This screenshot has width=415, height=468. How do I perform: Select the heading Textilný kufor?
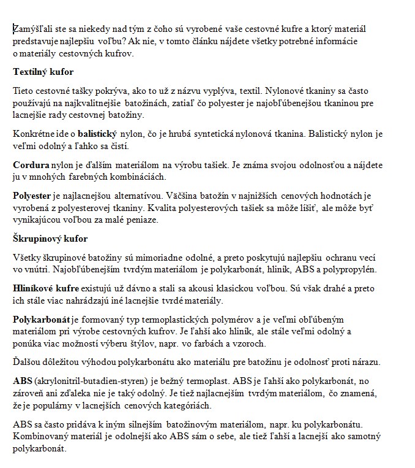click(x=43, y=72)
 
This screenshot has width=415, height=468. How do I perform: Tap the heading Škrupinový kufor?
click(x=50, y=238)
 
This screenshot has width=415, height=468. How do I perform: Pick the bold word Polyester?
click(x=32, y=196)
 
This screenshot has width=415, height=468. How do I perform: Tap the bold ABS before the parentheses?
click(x=23, y=381)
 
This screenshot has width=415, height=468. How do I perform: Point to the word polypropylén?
click(x=352, y=269)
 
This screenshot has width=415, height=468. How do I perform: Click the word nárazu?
click(x=365, y=362)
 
